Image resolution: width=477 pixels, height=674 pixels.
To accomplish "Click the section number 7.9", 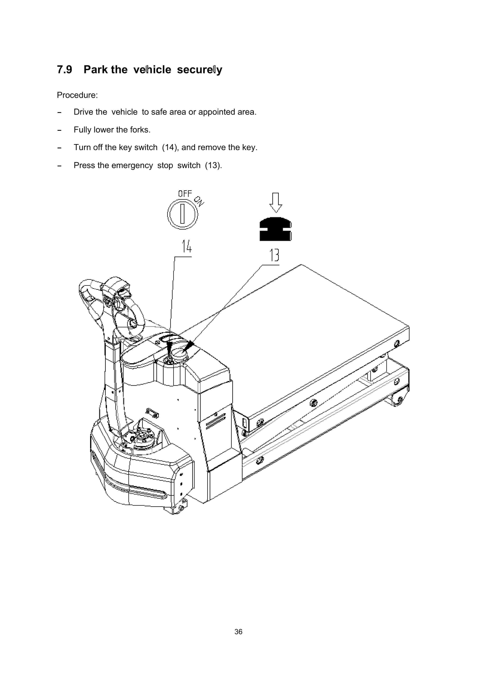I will (x=64, y=70).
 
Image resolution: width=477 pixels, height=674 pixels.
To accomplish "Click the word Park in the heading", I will (x=95, y=70).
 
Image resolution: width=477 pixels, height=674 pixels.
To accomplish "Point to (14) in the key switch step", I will (x=169, y=147).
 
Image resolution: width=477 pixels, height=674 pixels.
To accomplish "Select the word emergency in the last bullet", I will (x=132, y=165).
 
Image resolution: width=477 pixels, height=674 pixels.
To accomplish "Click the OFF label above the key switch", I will (x=185, y=194).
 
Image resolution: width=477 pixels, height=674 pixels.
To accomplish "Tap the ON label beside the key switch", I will (x=199, y=201).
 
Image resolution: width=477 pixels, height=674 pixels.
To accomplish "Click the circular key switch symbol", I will (x=182, y=214).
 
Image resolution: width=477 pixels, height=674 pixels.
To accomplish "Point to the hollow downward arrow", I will (x=276, y=203).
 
